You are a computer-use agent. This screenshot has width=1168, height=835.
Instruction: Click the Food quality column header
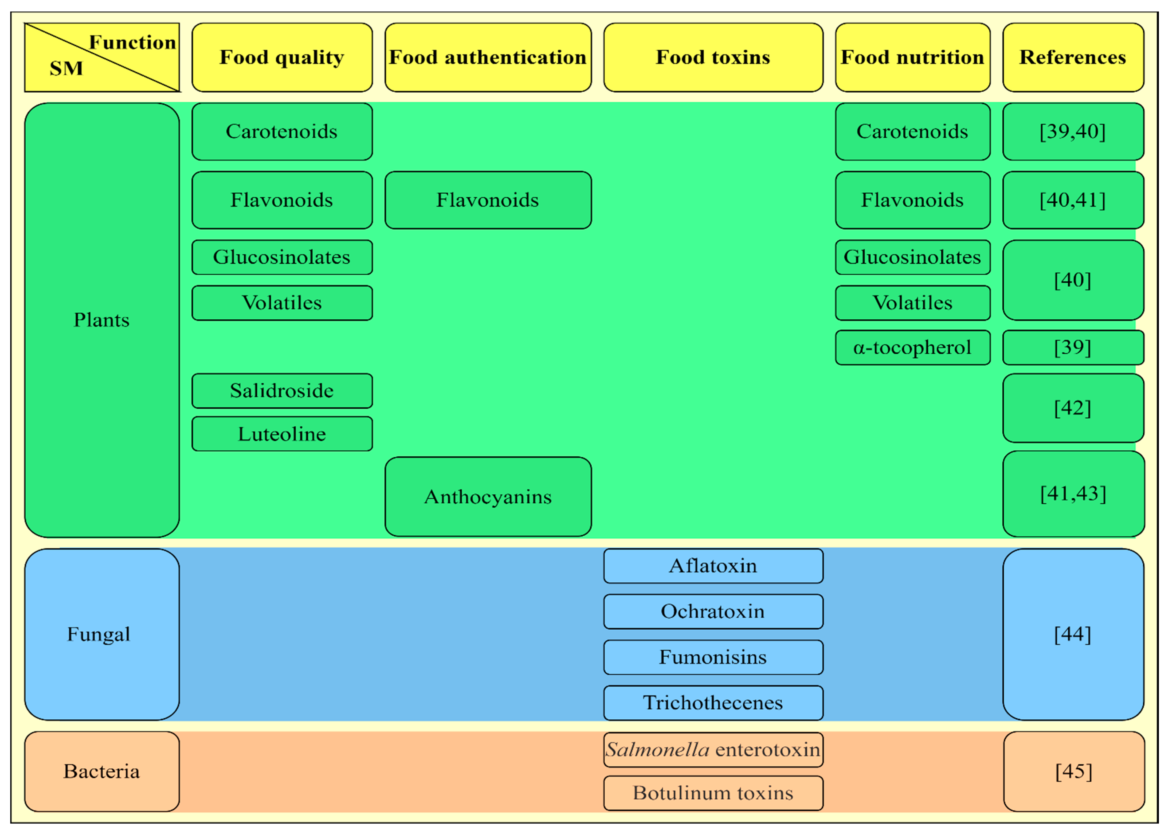click(x=282, y=57)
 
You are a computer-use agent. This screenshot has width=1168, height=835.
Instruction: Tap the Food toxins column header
click(x=713, y=57)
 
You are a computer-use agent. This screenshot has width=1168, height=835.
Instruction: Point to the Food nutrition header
click(x=912, y=57)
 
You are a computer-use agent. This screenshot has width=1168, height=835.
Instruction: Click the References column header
click(x=1073, y=57)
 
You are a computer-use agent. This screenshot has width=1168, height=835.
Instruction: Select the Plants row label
click(x=102, y=320)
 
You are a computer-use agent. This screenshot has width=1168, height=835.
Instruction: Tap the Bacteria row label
click(x=102, y=771)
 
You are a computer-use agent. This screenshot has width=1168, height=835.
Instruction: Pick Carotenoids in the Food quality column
click(x=282, y=132)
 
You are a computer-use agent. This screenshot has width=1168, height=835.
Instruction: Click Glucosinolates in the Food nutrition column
click(x=912, y=257)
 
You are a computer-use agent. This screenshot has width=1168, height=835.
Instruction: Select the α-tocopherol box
click(x=912, y=348)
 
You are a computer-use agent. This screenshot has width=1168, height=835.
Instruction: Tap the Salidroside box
click(x=282, y=391)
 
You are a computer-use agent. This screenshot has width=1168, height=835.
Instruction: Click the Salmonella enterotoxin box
click(x=713, y=750)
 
